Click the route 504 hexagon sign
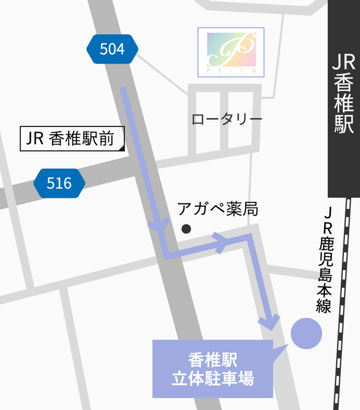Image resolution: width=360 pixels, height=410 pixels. pos(112,49)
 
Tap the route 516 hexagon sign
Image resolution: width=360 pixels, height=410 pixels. pos(59,183)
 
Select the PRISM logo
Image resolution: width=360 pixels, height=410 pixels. pos(231,53)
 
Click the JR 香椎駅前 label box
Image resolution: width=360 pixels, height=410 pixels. pos(72,139)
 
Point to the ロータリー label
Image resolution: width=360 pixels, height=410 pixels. pos(227,119)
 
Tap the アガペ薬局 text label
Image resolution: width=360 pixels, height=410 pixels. pos(217,209)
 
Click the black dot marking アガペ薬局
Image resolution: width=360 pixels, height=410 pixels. pos(186,228)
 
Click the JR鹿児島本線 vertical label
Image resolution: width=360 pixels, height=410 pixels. pos(326,260)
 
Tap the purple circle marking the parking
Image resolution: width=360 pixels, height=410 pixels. pos(306,333)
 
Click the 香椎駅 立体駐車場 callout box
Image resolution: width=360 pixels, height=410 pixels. pos(212,369)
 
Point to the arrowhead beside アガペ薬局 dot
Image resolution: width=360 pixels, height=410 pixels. pos(159,226)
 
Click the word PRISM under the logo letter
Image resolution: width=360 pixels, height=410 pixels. pos(231,70)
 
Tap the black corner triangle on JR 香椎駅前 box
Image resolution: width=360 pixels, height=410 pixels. pos(122,148)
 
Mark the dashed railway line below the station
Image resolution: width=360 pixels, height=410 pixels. pos(343,302)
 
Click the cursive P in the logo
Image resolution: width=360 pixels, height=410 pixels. pos(232,50)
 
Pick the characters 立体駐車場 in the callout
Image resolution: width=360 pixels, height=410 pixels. pos(213,379)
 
